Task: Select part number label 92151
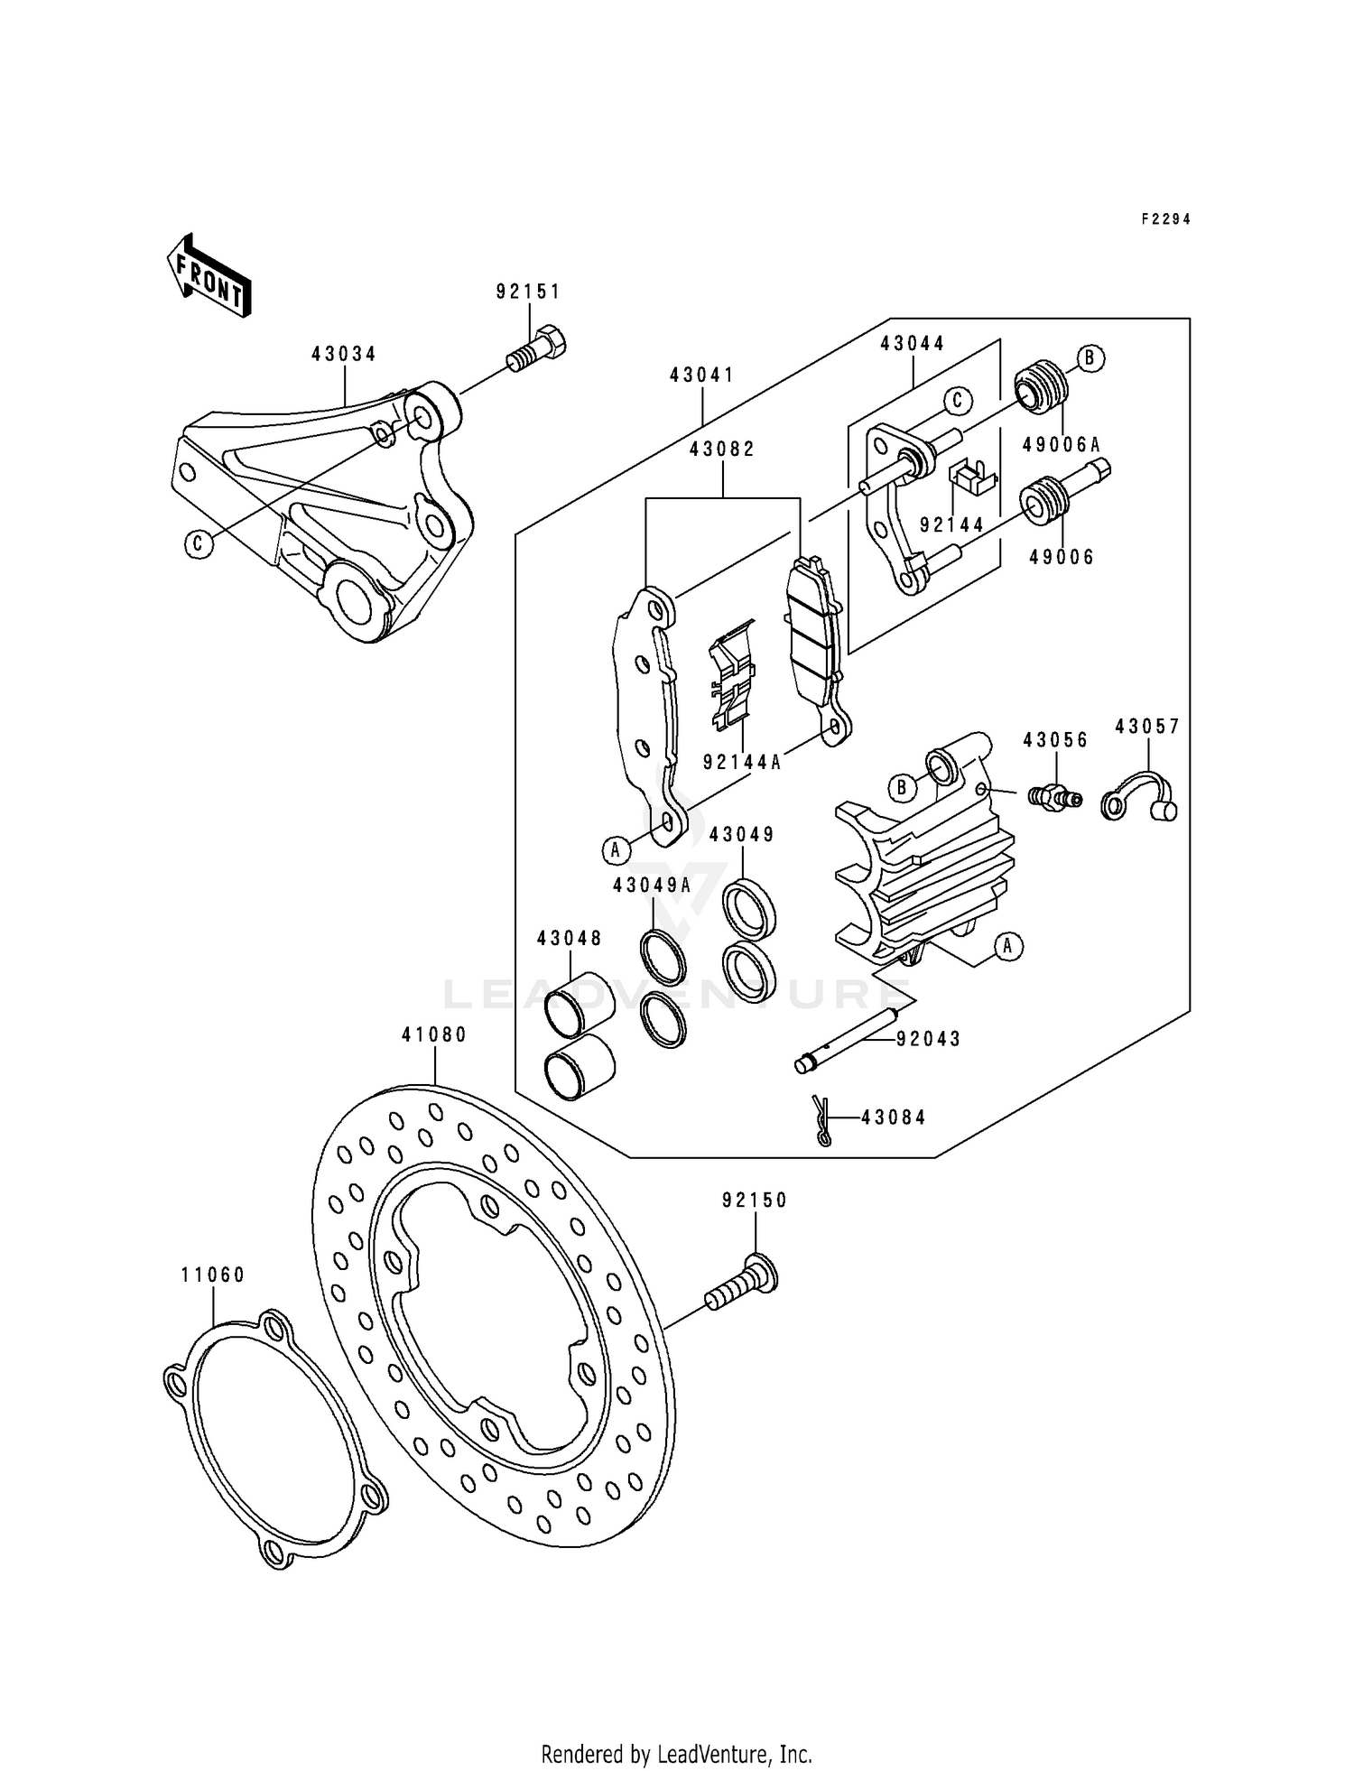528,292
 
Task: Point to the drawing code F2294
1165,219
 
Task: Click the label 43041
702,375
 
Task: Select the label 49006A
1061,444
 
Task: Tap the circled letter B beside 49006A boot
1090,358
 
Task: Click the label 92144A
741,762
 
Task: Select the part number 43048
570,939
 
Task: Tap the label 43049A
652,886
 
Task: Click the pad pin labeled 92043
849,1039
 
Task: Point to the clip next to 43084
821,1119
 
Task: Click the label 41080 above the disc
434,1035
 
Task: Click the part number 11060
213,1275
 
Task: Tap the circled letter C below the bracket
198,543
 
